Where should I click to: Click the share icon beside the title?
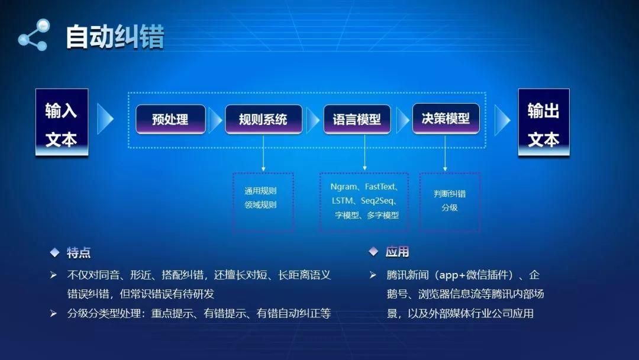(33, 35)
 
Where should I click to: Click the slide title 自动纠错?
(115, 36)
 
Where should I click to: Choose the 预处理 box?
(170, 120)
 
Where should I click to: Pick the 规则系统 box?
(263, 120)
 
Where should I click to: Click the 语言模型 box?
(357, 120)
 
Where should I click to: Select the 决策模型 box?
(446, 119)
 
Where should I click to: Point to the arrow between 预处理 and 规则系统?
(215, 120)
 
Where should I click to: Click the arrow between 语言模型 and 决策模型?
(403, 120)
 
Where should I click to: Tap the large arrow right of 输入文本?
(105, 120)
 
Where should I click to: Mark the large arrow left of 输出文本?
(502, 120)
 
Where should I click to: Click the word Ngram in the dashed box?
(344, 187)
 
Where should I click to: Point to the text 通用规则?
(260, 191)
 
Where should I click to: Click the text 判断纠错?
(450, 194)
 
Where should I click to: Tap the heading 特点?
(79, 253)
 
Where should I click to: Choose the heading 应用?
(397, 252)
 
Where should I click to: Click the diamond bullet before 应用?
(373, 252)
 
